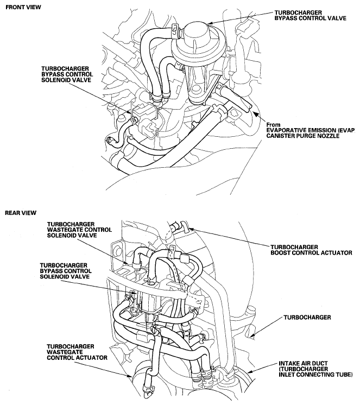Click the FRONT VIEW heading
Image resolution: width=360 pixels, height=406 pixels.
(23, 7)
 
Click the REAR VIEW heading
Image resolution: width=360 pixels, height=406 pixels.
(21, 213)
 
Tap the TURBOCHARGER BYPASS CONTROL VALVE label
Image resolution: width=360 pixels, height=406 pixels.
(310, 15)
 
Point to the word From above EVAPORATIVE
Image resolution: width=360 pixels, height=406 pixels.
(273, 124)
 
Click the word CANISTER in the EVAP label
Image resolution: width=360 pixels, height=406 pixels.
(279, 136)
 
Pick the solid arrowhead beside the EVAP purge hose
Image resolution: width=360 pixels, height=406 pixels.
(255, 114)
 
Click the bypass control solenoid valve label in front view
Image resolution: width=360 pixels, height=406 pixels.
(67, 74)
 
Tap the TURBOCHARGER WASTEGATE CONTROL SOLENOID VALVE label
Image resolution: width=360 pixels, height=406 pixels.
(79, 230)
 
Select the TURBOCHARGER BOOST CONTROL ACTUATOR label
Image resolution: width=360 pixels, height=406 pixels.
(311, 250)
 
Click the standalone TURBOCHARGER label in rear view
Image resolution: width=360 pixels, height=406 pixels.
(307, 317)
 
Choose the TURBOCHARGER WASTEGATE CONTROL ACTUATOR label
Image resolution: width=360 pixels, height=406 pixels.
(77, 352)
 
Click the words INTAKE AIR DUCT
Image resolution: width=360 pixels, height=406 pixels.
(303, 363)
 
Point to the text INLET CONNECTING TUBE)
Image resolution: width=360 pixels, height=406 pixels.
(315, 375)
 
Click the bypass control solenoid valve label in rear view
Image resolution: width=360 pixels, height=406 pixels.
(66, 271)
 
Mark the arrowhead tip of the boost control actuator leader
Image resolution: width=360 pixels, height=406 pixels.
(190, 229)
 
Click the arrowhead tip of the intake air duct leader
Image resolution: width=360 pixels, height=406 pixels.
(247, 372)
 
